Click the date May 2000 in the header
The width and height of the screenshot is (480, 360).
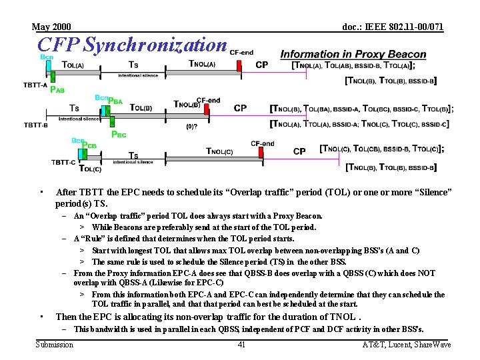click(x=51, y=27)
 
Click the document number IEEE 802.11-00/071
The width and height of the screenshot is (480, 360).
click(x=393, y=27)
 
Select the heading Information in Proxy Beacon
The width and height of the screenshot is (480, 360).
click(x=353, y=54)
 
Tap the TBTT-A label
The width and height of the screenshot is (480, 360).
click(x=35, y=85)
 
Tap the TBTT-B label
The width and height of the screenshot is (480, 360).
click(x=35, y=125)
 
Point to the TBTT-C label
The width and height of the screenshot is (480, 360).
click(x=63, y=162)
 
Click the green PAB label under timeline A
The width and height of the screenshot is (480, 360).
click(x=58, y=90)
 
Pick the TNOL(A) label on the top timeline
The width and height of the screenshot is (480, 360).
click(x=203, y=65)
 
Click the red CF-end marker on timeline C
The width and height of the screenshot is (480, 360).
click(x=262, y=143)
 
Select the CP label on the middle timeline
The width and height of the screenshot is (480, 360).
click(x=240, y=108)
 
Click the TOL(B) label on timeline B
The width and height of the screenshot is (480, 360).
click(x=141, y=107)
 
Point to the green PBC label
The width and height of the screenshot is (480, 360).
click(x=119, y=135)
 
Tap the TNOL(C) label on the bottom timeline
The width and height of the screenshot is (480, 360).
click(x=219, y=151)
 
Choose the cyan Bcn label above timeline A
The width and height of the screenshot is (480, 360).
click(x=47, y=57)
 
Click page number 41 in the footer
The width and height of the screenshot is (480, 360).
click(x=241, y=345)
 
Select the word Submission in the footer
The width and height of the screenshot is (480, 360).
click(x=55, y=345)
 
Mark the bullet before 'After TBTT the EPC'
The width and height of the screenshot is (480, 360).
click(x=41, y=192)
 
